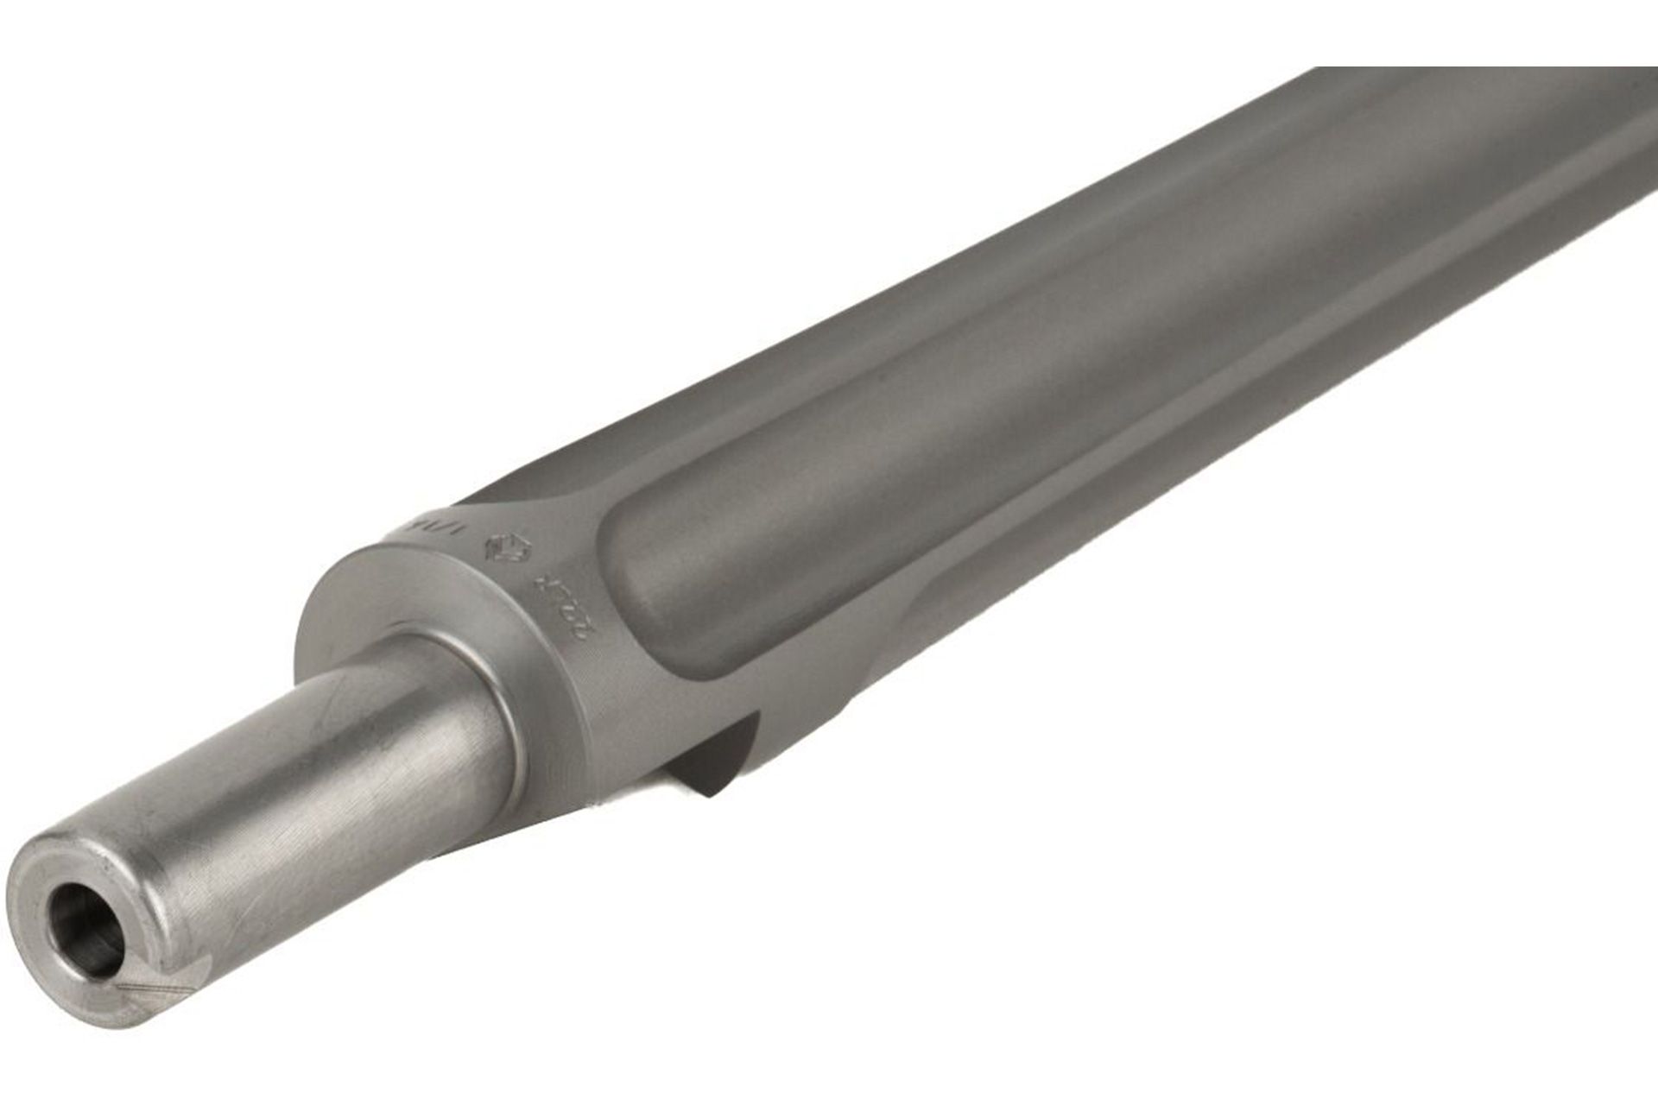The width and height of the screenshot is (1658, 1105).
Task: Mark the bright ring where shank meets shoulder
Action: (509, 717)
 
